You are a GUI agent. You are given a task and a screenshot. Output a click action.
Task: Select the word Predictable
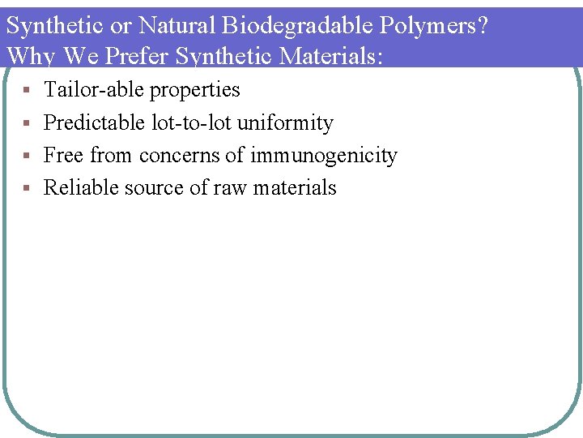pyautogui.click(x=94, y=122)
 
